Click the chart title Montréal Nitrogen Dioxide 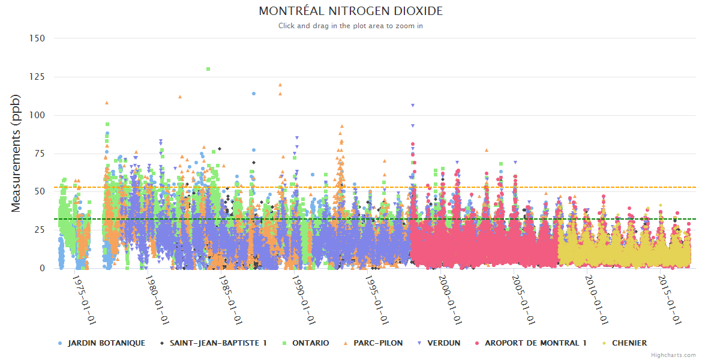point(351,11)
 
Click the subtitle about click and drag point(351,26)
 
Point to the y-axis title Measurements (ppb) point(16,153)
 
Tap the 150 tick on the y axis point(37,38)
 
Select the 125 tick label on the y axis point(37,77)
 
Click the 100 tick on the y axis point(37,115)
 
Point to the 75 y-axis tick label point(40,154)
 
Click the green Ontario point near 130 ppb point(208,69)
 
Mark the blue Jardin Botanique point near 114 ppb point(254,94)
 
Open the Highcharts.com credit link point(674,355)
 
